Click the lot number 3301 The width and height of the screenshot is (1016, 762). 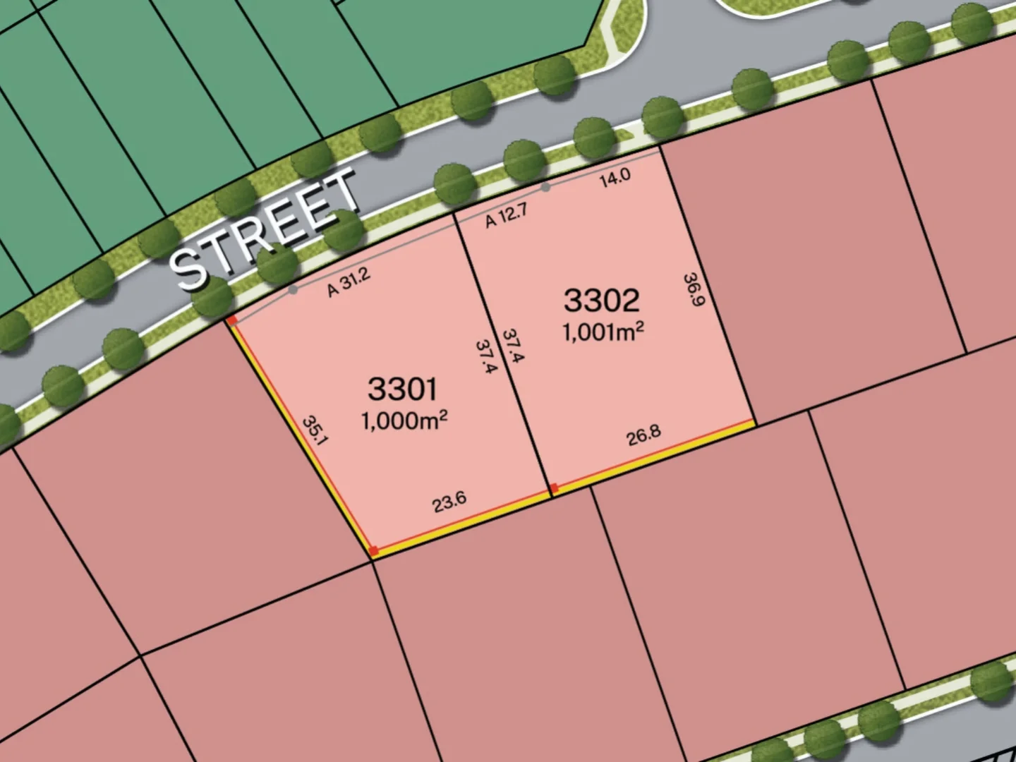pyautogui.click(x=402, y=389)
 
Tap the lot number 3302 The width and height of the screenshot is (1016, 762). pyautogui.click(x=601, y=301)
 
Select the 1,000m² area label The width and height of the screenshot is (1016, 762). pyautogui.click(x=404, y=421)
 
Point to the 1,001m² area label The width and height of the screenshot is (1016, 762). pyautogui.click(x=603, y=331)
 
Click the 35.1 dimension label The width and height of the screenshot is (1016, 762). pyautogui.click(x=315, y=430)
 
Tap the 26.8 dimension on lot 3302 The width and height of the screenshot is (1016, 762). pyautogui.click(x=643, y=435)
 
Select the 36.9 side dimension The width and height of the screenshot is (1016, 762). pyautogui.click(x=694, y=290)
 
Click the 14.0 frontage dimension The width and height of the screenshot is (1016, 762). pyautogui.click(x=615, y=178)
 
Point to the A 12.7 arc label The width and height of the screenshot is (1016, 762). pyautogui.click(x=506, y=216)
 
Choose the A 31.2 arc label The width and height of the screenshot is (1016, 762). pyautogui.click(x=349, y=282)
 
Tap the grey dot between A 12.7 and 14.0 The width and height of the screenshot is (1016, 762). pyautogui.click(x=545, y=187)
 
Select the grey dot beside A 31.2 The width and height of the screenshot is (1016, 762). pyautogui.click(x=293, y=289)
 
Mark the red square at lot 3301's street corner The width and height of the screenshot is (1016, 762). pyautogui.click(x=232, y=320)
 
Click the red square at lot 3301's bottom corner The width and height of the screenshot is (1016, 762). pyautogui.click(x=374, y=551)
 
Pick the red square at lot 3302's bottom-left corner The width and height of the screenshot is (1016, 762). pyautogui.click(x=555, y=488)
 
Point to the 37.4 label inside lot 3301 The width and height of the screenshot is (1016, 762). pyautogui.click(x=487, y=356)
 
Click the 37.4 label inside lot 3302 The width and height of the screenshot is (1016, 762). pyautogui.click(x=513, y=346)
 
